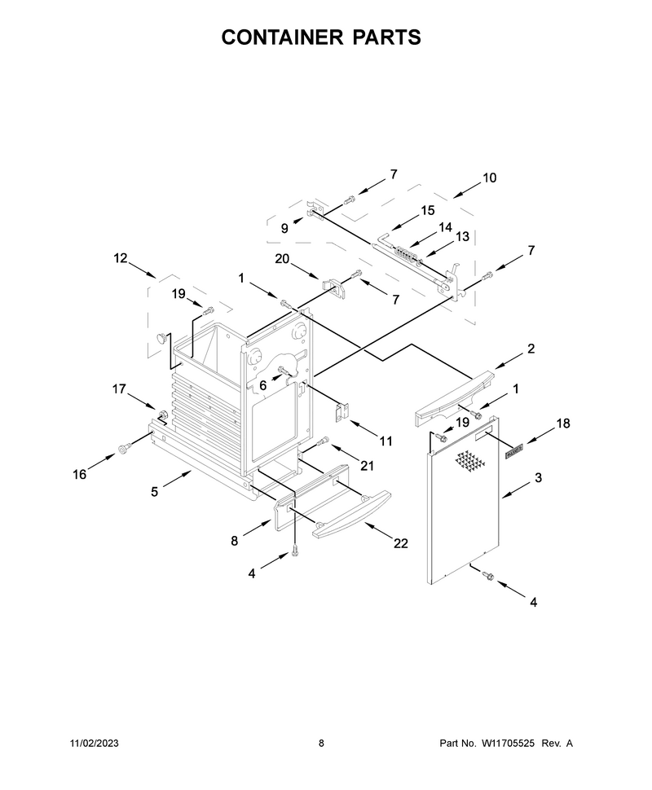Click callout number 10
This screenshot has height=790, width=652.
pos(489,178)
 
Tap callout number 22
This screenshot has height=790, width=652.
pos(400,543)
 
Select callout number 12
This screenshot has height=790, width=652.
pos(121,258)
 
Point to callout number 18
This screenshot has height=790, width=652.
pos(563,424)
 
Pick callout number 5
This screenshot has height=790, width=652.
pos(154,492)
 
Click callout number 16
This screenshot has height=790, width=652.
pos(80,475)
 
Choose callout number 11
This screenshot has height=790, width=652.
pos(385,442)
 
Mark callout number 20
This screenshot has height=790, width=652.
pos(282,259)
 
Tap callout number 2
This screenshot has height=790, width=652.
pos(531,349)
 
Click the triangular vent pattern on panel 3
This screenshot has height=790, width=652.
pos(469,463)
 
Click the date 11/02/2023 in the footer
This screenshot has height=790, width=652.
pos(94,743)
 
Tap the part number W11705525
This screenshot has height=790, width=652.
pos(508,743)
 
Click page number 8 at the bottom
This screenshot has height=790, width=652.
pos(321,743)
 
